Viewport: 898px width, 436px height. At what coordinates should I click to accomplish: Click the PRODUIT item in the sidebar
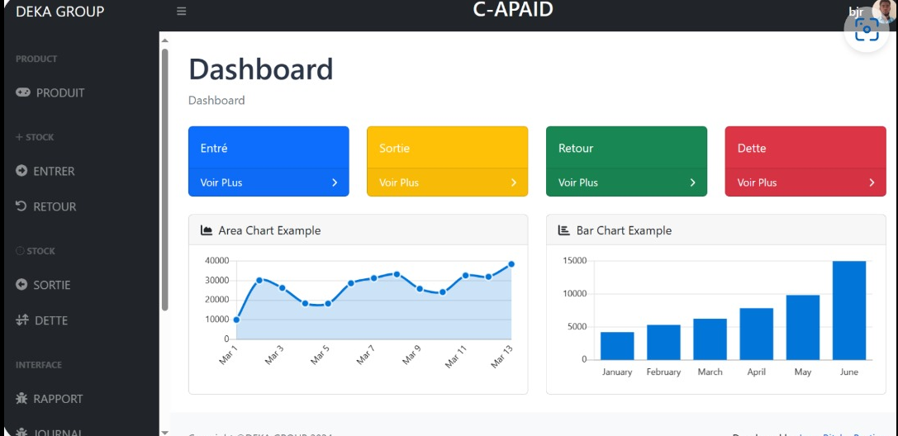tap(59, 93)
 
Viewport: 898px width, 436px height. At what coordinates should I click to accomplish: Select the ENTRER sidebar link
tap(54, 172)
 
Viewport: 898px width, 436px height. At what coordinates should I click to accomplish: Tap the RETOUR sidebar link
tap(55, 207)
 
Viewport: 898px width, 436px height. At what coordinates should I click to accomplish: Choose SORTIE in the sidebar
tap(51, 286)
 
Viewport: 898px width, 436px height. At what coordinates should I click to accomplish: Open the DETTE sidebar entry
tap(51, 321)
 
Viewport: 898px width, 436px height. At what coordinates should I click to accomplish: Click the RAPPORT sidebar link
tap(58, 400)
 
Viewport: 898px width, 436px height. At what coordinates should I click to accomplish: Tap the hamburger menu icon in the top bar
tap(182, 12)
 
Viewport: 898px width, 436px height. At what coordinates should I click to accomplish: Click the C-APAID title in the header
tap(513, 10)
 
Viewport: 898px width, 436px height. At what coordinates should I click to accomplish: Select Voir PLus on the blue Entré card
tap(221, 182)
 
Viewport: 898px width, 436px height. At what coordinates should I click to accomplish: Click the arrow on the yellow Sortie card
tap(513, 182)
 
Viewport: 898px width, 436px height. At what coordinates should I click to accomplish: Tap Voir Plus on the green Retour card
tap(578, 182)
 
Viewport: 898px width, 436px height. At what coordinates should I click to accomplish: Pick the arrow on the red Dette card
tap(872, 182)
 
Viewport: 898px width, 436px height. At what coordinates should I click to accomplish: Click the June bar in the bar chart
tap(849, 310)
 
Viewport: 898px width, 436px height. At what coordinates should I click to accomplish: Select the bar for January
tap(617, 346)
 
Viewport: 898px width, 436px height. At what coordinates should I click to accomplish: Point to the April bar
tap(756, 334)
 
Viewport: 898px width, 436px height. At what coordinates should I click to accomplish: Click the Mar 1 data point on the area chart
tap(236, 320)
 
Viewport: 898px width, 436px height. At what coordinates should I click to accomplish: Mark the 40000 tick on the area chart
tap(216, 261)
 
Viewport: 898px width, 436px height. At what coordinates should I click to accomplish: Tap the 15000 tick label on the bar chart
tap(574, 261)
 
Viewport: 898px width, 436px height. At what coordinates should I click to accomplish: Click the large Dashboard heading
tap(261, 69)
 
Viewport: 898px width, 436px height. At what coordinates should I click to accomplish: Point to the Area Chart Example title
tap(269, 230)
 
